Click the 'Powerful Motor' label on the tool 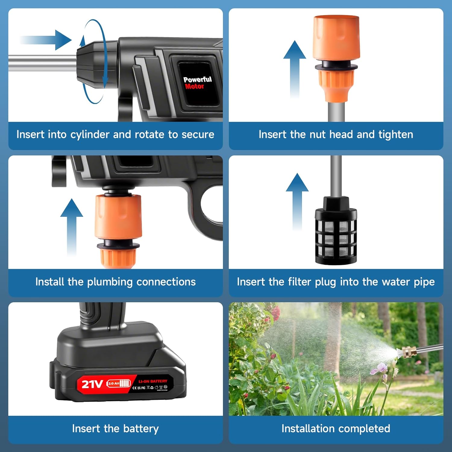click(197, 83)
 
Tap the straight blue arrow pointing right click(47, 40)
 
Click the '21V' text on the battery click(92, 384)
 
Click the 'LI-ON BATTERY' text click(153, 381)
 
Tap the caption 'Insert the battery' click(115, 428)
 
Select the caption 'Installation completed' click(336, 428)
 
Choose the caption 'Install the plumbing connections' click(115, 282)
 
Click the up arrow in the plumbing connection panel click(71, 226)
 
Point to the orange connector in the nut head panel click(336, 57)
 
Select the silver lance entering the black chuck click(42, 63)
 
